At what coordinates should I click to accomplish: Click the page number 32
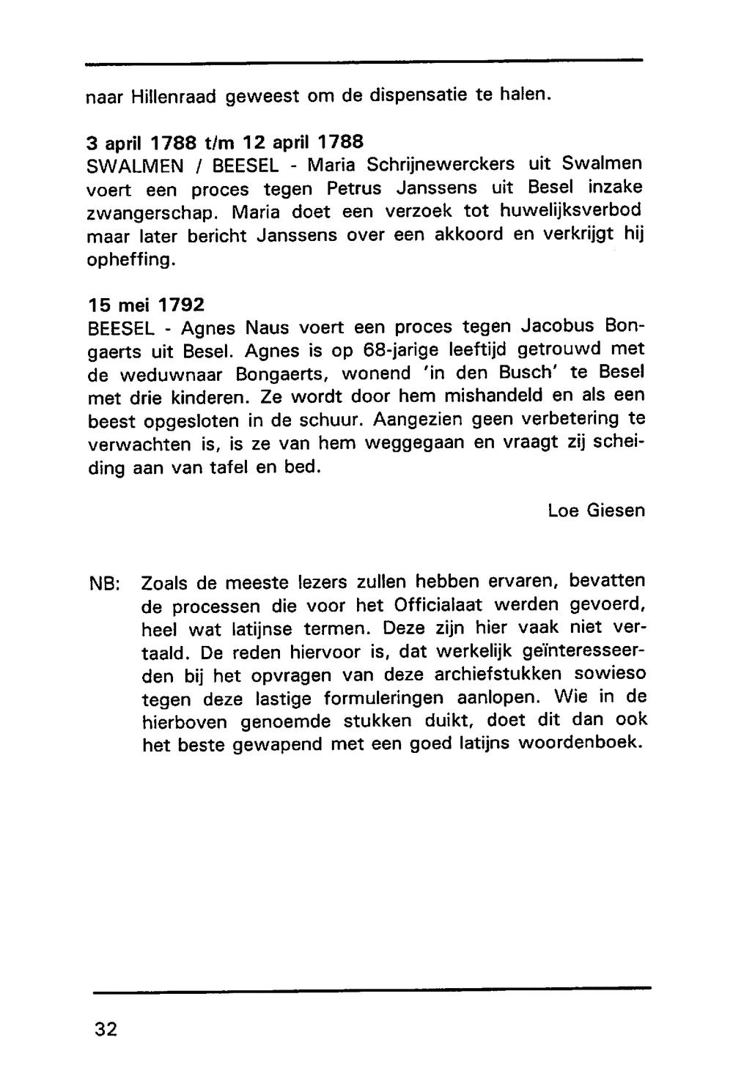(x=106, y=1029)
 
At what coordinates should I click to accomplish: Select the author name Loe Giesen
(x=596, y=510)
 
